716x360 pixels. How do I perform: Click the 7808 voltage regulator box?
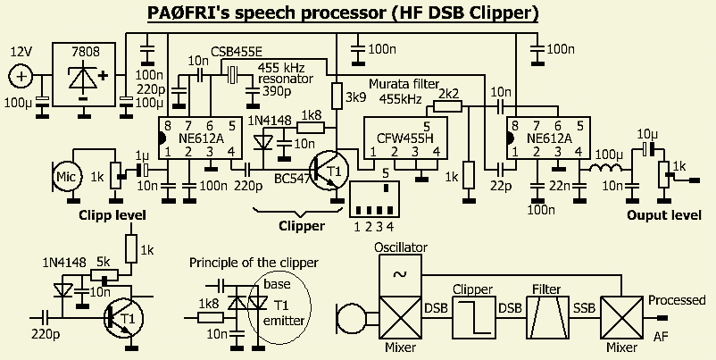pos(84,76)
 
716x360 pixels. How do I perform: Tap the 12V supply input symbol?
pos(21,77)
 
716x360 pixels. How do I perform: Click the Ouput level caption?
pos(663,215)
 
